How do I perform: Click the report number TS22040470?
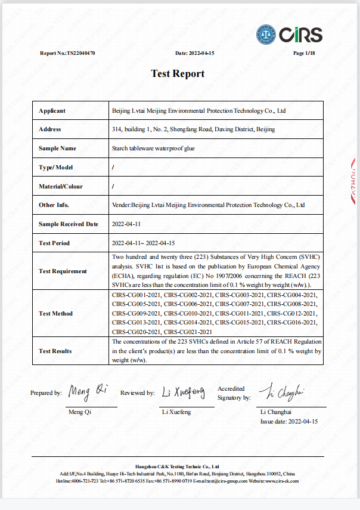80,53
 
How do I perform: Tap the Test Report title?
178,73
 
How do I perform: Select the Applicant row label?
52,110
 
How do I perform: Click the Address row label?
49,129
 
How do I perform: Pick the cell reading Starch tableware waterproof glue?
153,148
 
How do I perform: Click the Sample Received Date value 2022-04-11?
126,224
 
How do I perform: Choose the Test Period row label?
54,243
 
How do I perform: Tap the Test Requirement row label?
63,271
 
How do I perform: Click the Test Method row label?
55,313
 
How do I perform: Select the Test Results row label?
55,351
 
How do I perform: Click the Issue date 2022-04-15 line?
289,421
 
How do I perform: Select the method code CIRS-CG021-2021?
188,330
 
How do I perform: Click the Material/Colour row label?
61,186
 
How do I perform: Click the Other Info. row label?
54,205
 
